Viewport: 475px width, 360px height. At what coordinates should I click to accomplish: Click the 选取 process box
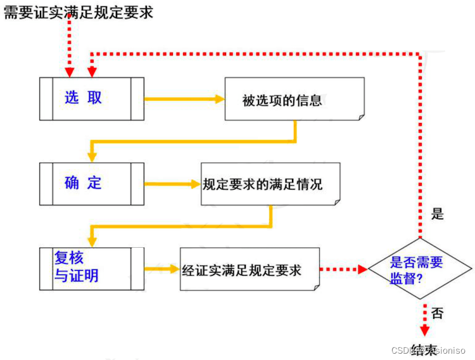pyautogui.click(x=92, y=98)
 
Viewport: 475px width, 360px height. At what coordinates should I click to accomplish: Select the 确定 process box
pyautogui.click(x=92, y=184)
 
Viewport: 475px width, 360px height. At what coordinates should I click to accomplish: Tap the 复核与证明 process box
pyautogui.click(x=92, y=269)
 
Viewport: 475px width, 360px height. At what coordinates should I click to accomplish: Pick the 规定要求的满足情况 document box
pyautogui.click(x=270, y=184)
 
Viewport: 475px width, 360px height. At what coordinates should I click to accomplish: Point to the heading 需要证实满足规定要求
pyautogui.click(x=79, y=12)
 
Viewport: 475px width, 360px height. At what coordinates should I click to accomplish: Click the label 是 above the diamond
pyautogui.click(x=437, y=214)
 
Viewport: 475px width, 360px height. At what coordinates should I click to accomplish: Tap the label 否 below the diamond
pyautogui.click(x=437, y=312)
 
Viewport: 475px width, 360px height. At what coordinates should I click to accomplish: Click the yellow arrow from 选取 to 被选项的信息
pyautogui.click(x=184, y=99)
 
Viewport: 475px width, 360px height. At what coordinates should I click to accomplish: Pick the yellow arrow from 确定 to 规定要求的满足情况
pyautogui.click(x=172, y=184)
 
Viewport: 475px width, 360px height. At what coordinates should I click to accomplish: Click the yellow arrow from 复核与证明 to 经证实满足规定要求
pyautogui.click(x=161, y=269)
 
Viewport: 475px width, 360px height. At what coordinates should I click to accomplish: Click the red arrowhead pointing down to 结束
pyautogui.click(x=424, y=330)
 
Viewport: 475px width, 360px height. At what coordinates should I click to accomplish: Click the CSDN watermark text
pyautogui.click(x=428, y=350)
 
